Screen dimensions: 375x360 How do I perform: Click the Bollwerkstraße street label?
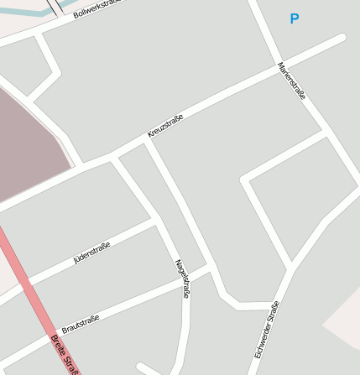point(97,9)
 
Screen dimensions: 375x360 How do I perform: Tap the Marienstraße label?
point(292,81)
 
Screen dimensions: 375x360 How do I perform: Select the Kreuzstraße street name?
point(164,126)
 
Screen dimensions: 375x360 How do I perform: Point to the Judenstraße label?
point(91,250)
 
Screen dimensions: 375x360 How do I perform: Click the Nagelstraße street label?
point(182,279)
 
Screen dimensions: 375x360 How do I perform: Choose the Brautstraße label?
point(81,324)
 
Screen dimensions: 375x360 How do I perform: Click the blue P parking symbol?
point(294,18)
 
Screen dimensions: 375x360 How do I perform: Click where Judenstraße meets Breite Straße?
point(27,280)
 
